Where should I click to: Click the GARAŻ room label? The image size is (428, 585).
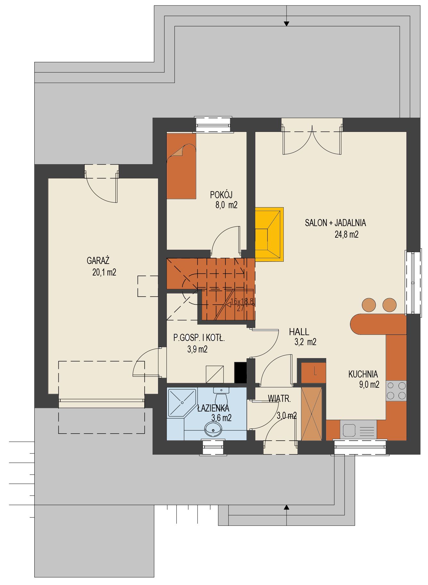point(98,260)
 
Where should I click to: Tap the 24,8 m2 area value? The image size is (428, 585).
point(347,234)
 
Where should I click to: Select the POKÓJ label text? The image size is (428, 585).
point(221,195)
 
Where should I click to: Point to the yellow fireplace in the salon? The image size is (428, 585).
point(269,234)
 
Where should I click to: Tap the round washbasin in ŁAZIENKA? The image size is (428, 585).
point(213,429)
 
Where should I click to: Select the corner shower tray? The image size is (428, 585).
point(181,403)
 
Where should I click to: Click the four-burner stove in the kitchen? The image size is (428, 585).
point(396,391)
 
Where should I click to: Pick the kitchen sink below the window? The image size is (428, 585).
point(358,430)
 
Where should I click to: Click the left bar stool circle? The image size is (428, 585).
point(369,305)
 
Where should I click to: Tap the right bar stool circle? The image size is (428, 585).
point(390,305)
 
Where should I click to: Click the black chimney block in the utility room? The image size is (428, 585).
point(240,372)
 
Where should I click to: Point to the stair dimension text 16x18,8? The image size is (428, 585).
point(242,301)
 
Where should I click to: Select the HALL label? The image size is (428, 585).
point(299,332)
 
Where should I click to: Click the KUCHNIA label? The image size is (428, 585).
point(363,374)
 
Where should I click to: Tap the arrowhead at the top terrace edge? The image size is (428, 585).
point(287,23)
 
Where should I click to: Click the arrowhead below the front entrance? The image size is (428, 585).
point(287,507)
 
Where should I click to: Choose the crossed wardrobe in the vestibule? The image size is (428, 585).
point(312,414)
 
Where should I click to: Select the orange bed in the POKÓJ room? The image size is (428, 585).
point(181,166)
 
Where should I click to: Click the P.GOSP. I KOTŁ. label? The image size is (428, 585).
point(199,338)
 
